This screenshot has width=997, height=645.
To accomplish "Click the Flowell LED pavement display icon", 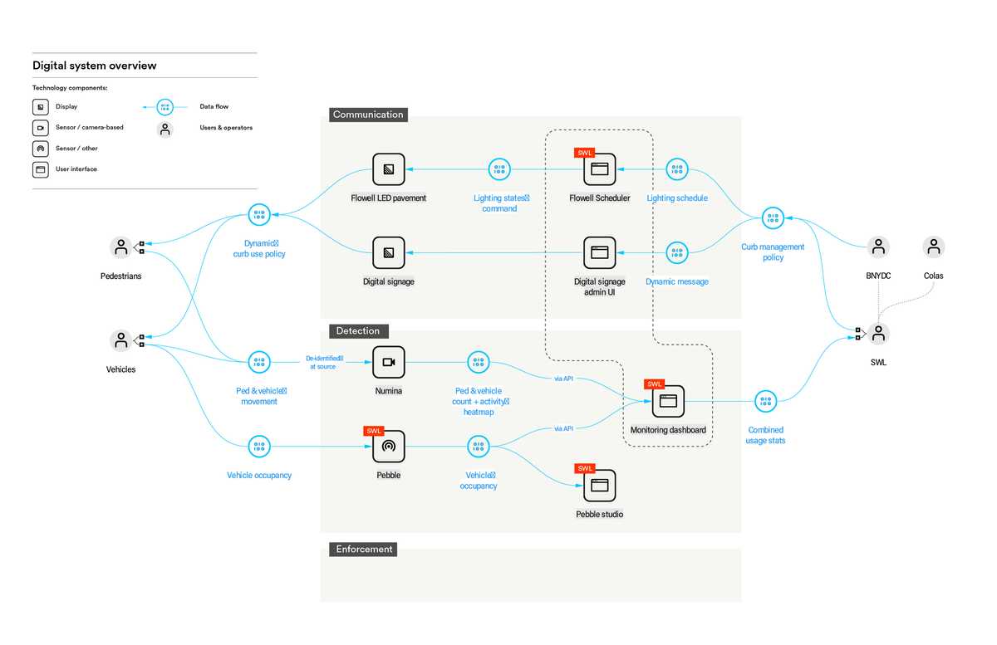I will tap(388, 169).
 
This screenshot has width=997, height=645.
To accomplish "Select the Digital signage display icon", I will tap(388, 252).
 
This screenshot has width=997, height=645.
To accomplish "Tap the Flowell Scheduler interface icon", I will tap(599, 169).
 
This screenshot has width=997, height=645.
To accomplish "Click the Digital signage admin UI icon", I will tap(599, 252).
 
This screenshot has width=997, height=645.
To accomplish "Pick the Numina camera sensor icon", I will tap(388, 362).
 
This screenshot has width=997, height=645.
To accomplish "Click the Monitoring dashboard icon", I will tap(668, 401).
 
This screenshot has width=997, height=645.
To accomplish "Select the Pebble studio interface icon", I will tap(599, 486).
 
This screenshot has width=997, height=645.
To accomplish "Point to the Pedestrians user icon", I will tap(121, 247).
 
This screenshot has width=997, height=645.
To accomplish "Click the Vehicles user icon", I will tap(121, 340).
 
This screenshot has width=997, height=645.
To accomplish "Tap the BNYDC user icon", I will tap(878, 247).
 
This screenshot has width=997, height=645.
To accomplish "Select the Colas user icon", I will tap(934, 247).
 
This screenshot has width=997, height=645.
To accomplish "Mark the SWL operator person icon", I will tap(878, 333).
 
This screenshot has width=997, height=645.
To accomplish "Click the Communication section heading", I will tap(368, 115).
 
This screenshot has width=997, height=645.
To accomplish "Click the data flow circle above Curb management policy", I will tap(773, 218).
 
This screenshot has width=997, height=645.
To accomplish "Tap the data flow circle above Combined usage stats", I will tap(765, 402).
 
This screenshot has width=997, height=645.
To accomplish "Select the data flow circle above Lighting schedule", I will tap(677, 169).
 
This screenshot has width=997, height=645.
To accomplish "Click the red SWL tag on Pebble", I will tap(373, 431).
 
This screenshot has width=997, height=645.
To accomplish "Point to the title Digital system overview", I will tap(94, 66).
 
